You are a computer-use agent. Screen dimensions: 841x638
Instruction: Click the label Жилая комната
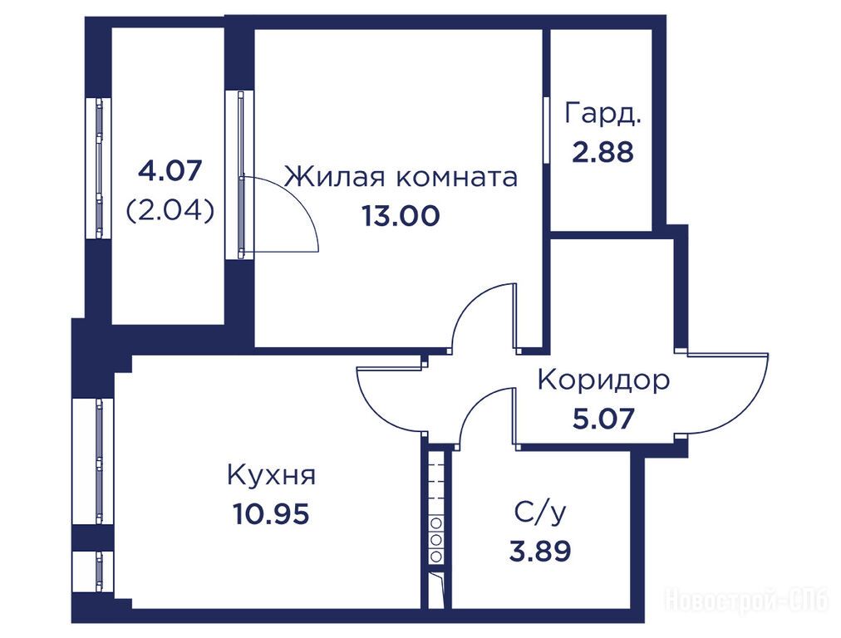(401, 177)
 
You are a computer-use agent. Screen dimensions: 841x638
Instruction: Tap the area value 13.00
(401, 216)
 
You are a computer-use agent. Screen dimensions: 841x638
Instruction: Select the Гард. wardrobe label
(602, 114)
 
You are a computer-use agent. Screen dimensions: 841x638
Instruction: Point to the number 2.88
(602, 152)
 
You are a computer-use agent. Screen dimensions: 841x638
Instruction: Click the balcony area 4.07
(170, 171)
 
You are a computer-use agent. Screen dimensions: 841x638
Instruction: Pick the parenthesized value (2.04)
(170, 211)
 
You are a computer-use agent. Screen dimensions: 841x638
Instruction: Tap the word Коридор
(603, 380)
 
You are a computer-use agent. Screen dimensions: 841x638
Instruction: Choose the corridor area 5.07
(603, 418)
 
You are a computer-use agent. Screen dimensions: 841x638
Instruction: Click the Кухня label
(272, 475)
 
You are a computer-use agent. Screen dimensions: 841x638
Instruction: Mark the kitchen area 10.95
(272, 515)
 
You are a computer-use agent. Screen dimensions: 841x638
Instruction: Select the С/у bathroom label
(539, 513)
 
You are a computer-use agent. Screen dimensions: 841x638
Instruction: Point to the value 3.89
(539, 551)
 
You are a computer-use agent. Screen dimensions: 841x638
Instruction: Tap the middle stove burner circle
(436, 539)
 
